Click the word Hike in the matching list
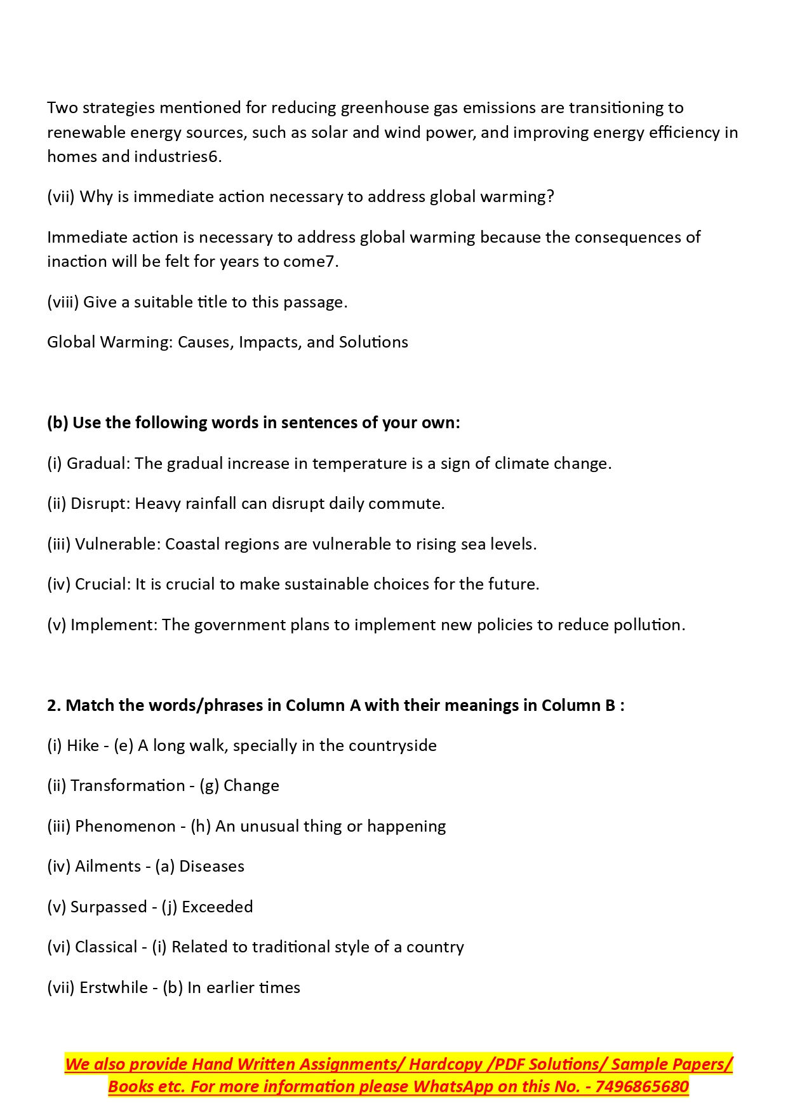(x=83, y=745)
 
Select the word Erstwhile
(x=114, y=987)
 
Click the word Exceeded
(x=217, y=907)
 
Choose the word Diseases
(x=211, y=866)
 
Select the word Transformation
(x=128, y=785)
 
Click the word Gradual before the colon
(x=96, y=463)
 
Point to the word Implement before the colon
(x=112, y=625)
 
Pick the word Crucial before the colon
(x=101, y=584)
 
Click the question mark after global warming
(x=550, y=196)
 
